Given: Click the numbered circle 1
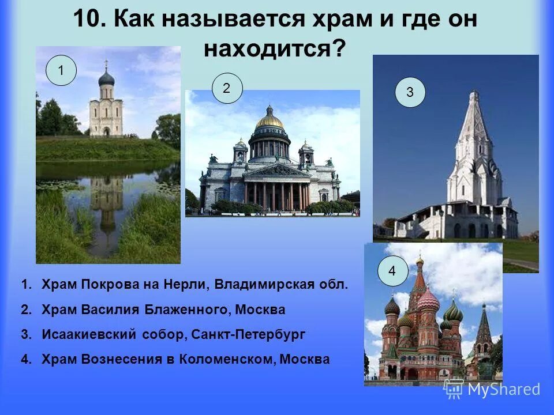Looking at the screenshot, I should pos(61,71).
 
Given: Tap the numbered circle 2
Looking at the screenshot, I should pos(227,89).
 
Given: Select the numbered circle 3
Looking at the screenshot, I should pos(410,93).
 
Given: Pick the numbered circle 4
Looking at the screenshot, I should pos(393,271).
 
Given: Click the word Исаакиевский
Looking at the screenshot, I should pos(89,334).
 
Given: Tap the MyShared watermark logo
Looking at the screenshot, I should pos(492,389).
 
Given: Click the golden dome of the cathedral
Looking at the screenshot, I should pos(269,119).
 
